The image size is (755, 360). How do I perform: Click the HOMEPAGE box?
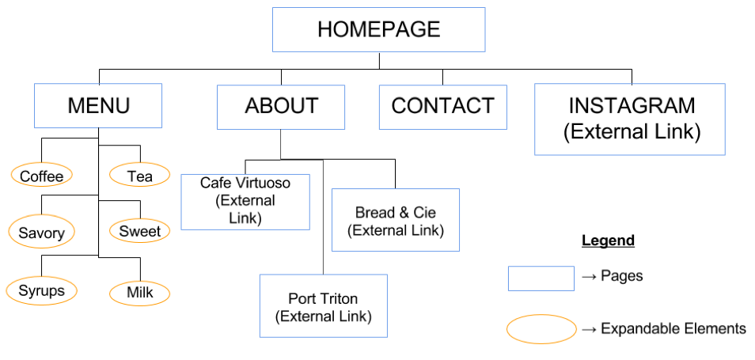click(x=378, y=29)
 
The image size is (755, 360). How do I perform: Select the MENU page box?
click(x=98, y=105)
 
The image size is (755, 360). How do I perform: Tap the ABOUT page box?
click(x=281, y=107)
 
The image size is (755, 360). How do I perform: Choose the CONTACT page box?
click(x=443, y=107)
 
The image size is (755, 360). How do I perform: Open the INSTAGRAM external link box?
click(x=630, y=119)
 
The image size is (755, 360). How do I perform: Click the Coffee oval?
click(x=42, y=176)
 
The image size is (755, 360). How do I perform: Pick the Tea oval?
click(x=139, y=176)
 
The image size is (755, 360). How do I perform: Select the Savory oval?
click(x=42, y=233)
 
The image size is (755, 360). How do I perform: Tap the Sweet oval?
click(x=139, y=231)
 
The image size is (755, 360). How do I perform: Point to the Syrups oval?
click(x=42, y=290)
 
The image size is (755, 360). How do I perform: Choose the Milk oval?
click(x=139, y=293)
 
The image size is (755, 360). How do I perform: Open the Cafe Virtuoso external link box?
click(x=245, y=202)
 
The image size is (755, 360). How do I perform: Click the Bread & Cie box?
click(x=396, y=220)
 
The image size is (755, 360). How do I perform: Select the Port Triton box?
click(x=323, y=306)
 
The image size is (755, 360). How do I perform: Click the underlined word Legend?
click(x=608, y=241)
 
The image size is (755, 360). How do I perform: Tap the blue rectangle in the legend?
click(x=541, y=279)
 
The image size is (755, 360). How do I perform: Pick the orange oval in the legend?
click(x=541, y=329)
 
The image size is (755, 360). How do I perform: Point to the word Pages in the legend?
click(x=621, y=276)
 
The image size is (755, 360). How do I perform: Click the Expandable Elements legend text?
click(x=673, y=328)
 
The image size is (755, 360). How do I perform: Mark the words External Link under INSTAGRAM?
click(x=632, y=131)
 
